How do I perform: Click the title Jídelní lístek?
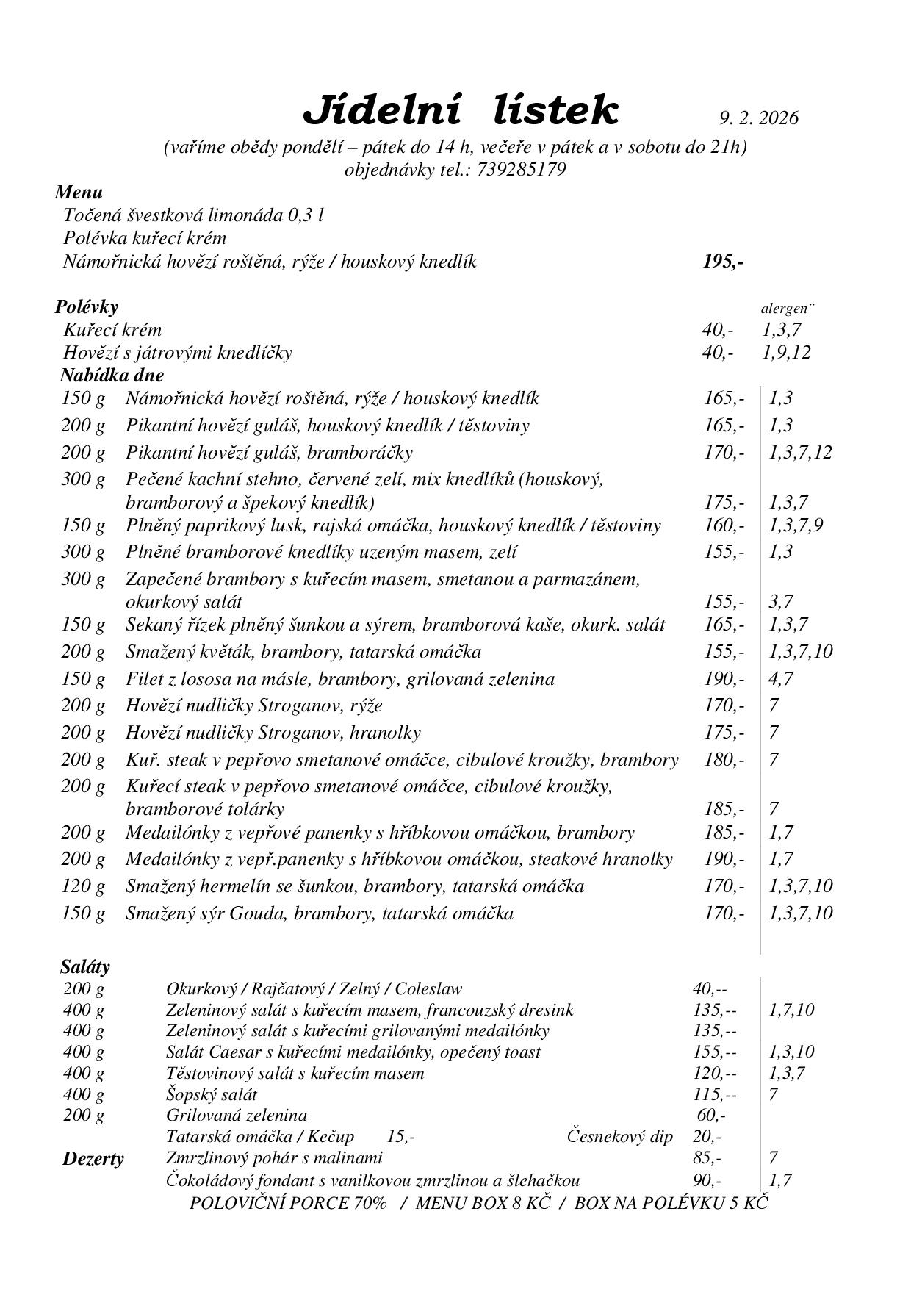coord(461,110)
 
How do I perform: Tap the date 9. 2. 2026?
coord(758,118)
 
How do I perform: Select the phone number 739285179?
coord(521,170)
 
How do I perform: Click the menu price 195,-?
coord(723,262)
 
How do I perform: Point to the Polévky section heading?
coord(86,306)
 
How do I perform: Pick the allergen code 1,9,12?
coord(786,353)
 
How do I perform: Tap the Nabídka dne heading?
coord(112,375)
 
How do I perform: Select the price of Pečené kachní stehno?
coord(723,503)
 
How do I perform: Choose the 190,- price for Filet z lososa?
coord(723,679)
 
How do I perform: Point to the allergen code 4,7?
coord(780,679)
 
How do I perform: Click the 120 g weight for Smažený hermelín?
coord(83,886)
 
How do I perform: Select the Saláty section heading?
coord(84,966)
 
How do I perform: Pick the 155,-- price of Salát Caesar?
coord(713,1052)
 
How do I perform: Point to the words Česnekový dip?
coord(619,1137)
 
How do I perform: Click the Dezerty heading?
coord(93,1159)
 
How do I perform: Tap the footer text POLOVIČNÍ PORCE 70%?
coord(288,1203)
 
